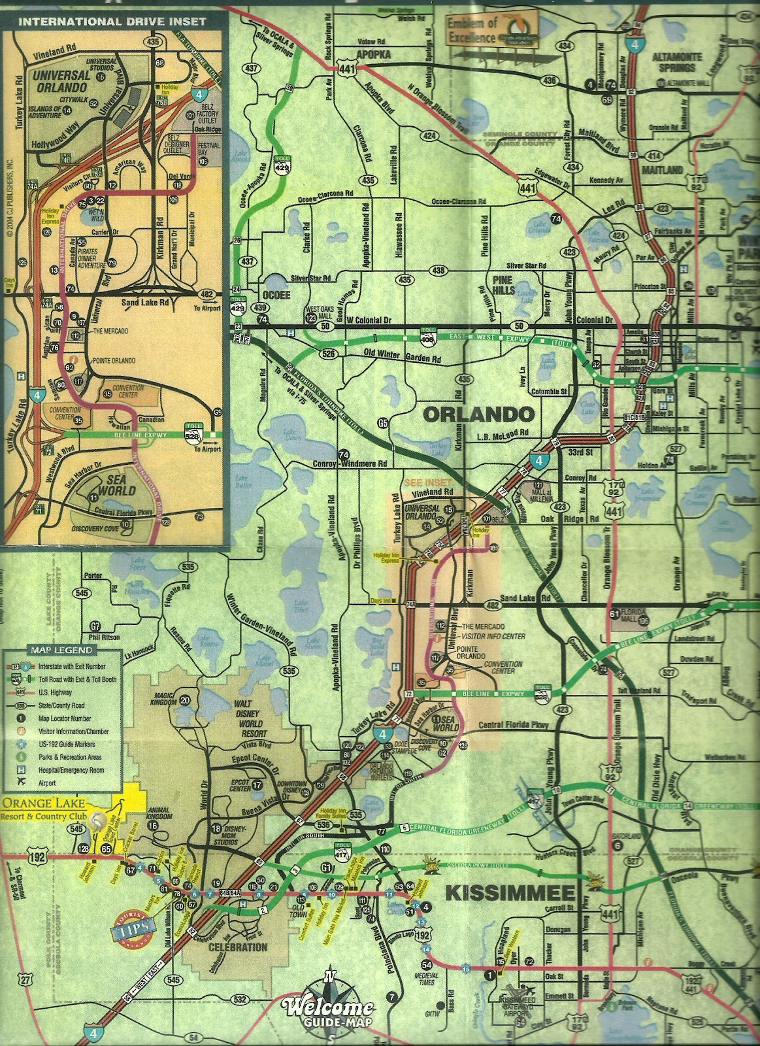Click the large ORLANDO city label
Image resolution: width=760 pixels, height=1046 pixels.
click(x=478, y=414)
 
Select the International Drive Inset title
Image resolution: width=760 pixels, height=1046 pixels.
click(x=112, y=21)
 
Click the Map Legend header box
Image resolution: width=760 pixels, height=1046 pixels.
click(x=60, y=650)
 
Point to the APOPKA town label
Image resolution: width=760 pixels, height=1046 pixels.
click(x=373, y=55)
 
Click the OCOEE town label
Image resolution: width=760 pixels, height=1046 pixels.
click(x=276, y=295)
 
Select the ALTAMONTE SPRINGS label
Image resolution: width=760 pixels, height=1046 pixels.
click(x=676, y=62)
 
